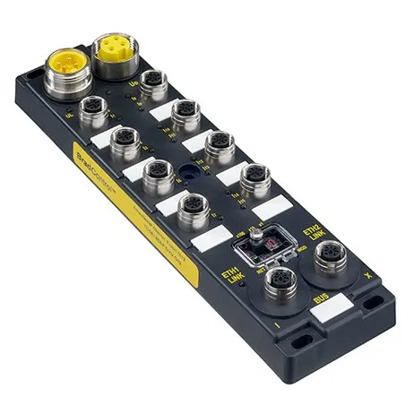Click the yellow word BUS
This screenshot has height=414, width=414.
[x=318, y=298]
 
